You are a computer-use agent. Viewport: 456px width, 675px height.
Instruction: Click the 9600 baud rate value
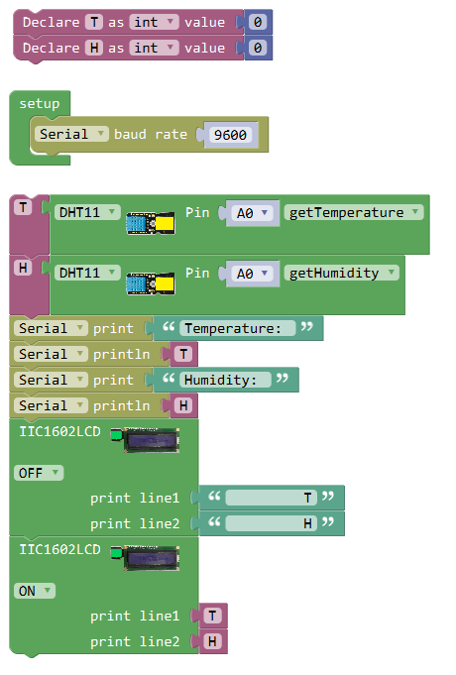(231, 135)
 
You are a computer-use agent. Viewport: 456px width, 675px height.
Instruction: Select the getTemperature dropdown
(354, 212)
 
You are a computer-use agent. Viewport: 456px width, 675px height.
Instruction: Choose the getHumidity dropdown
(341, 273)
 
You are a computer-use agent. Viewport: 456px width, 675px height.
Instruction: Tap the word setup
(40, 104)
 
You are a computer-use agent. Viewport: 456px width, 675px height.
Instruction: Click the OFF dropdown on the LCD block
(39, 473)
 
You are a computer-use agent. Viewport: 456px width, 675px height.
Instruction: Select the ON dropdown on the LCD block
(35, 591)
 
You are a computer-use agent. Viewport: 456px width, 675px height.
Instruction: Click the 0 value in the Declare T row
(258, 22)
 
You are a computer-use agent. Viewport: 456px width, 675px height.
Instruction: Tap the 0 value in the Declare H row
(258, 48)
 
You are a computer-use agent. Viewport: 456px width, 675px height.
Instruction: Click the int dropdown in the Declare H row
(155, 48)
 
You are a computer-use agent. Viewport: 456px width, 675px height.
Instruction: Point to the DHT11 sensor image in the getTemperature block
(151, 223)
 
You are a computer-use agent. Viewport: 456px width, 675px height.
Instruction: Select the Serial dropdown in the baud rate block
(71, 134)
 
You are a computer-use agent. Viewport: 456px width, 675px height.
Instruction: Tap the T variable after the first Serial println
(183, 354)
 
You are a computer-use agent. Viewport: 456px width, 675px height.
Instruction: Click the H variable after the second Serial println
(183, 405)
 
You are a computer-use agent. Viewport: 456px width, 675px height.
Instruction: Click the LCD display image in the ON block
(145, 558)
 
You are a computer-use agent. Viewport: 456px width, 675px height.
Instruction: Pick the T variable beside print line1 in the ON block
(212, 616)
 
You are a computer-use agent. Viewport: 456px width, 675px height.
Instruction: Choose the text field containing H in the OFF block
(271, 523)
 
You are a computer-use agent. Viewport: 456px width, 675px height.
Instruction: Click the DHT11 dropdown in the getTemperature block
(87, 212)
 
